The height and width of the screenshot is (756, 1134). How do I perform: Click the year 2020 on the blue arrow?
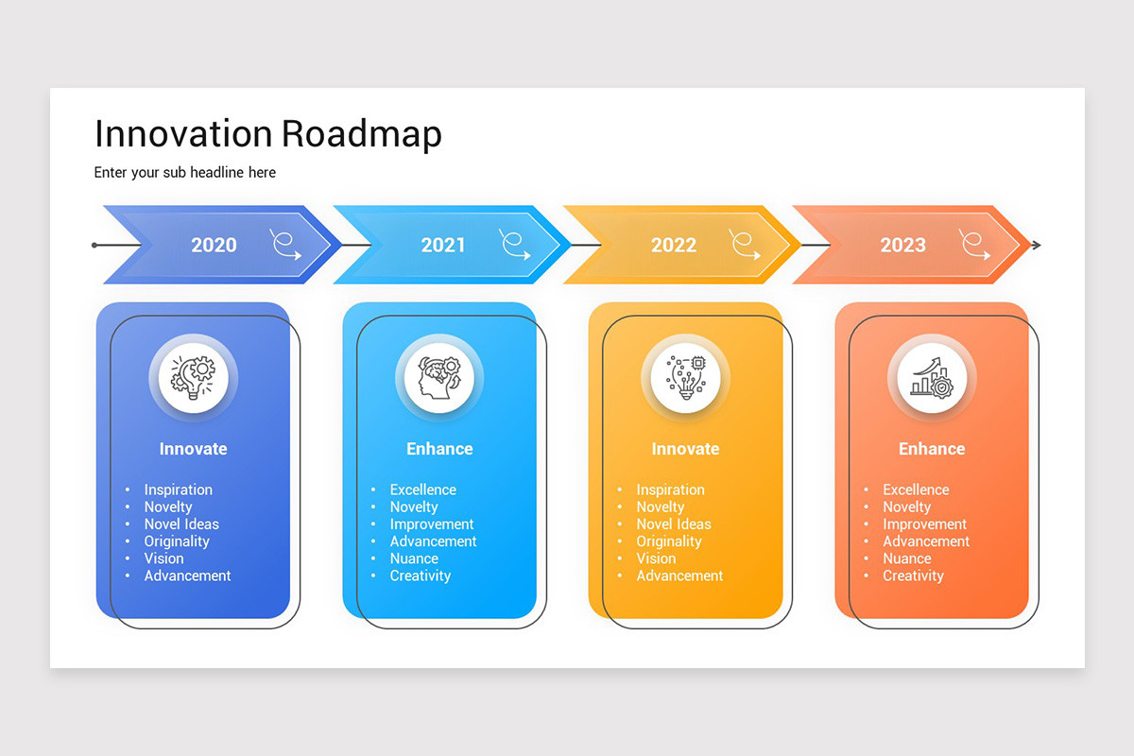click(214, 245)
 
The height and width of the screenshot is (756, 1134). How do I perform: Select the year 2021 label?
click(443, 245)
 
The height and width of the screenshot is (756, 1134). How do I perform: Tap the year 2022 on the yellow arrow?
click(673, 245)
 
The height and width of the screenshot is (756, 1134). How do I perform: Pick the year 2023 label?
click(902, 245)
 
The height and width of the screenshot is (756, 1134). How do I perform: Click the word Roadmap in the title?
click(362, 134)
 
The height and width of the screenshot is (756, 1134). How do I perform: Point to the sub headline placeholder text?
click(185, 172)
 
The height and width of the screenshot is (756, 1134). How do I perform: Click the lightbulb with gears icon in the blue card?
click(193, 377)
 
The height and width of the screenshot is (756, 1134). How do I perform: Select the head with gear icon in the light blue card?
click(439, 377)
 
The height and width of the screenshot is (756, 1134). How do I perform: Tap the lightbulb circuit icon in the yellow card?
click(685, 377)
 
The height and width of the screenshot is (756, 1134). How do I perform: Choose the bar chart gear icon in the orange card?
click(932, 377)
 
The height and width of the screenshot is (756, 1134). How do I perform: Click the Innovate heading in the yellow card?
click(685, 449)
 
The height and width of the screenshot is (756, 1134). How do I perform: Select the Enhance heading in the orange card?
click(932, 449)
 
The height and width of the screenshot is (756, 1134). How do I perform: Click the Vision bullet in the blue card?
click(163, 558)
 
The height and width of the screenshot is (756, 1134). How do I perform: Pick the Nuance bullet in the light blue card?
click(414, 558)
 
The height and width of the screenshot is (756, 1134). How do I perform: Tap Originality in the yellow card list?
click(669, 541)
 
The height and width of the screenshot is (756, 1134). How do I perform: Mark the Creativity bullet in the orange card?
click(913, 576)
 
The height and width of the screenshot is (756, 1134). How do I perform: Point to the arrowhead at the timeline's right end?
click(1037, 246)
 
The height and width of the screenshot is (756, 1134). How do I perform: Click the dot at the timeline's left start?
click(94, 246)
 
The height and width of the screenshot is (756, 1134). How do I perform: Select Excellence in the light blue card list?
click(422, 490)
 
